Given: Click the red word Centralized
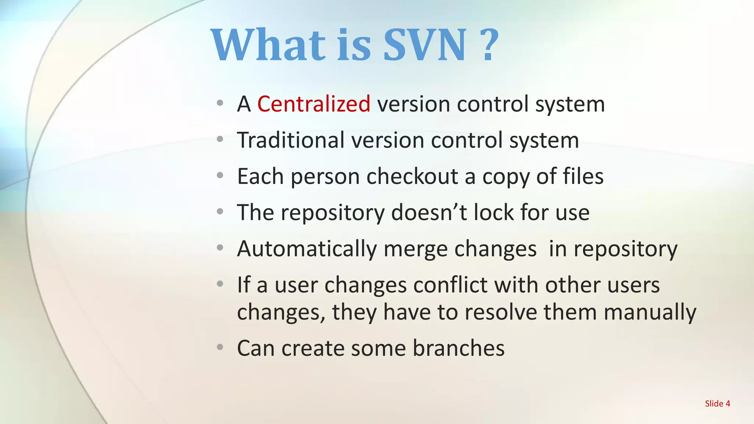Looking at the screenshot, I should (314, 104).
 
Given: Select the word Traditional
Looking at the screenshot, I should (290, 140).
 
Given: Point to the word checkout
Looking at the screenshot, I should (412, 176).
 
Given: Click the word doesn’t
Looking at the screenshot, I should (429, 212).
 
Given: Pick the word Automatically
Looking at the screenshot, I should (307, 249).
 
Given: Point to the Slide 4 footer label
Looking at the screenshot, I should (717, 403).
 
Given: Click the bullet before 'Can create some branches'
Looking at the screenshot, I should (220, 347).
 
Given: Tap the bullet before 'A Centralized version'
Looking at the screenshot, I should (220, 103).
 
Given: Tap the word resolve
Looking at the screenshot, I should (501, 312).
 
